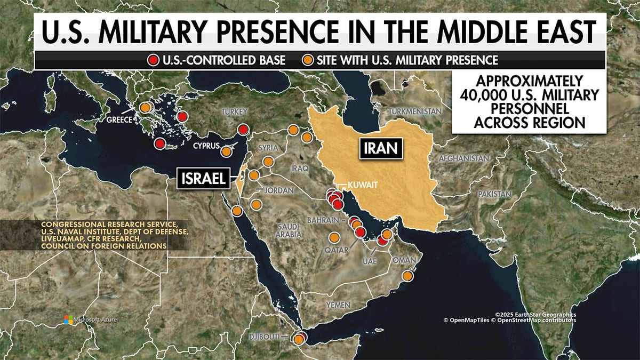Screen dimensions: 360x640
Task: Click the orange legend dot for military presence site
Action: click(x=308, y=59)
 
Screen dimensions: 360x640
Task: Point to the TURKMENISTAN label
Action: click(x=415, y=111)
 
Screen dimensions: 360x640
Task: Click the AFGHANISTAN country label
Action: click(x=463, y=158)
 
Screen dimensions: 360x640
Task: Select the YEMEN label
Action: click(x=339, y=305)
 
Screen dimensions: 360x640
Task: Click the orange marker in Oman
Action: click(x=407, y=276)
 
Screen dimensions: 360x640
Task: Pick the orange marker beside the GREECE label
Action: click(x=145, y=107)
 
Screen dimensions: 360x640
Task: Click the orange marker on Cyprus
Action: click(x=226, y=151)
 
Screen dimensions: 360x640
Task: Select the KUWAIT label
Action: click(x=363, y=185)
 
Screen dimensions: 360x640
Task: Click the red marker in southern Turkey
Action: click(x=243, y=129)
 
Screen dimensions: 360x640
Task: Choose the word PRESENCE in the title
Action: click(x=270, y=33)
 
